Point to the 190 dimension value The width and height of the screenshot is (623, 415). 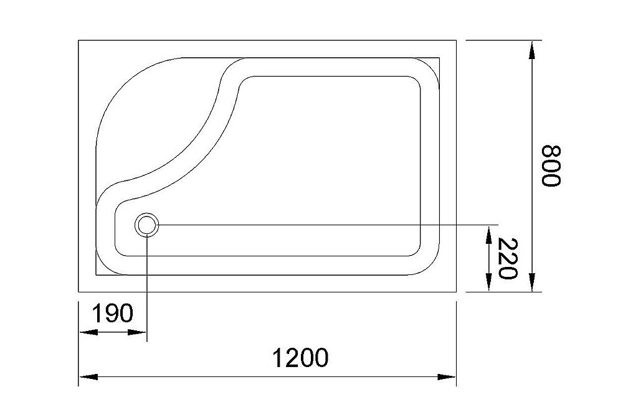[113, 314]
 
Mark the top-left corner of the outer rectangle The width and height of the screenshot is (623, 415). [78, 40]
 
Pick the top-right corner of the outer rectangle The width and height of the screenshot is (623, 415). [457, 40]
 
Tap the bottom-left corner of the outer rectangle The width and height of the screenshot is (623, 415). [78, 291]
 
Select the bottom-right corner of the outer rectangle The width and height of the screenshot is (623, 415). [457, 291]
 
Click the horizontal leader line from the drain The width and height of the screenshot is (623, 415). [324, 224]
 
